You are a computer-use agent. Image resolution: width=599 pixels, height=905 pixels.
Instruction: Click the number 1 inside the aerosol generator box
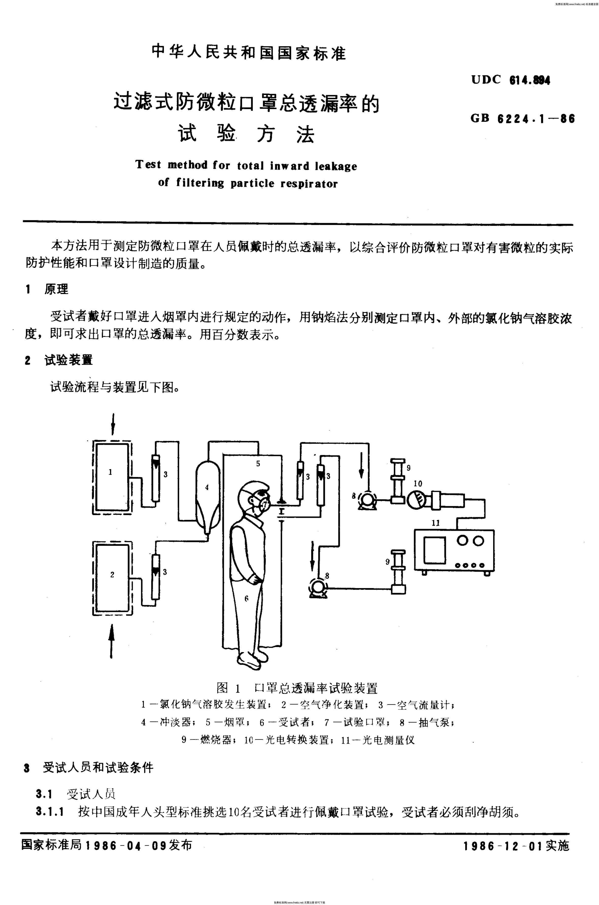click(x=110, y=472)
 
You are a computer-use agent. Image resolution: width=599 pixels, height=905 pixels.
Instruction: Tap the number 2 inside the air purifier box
click(x=112, y=574)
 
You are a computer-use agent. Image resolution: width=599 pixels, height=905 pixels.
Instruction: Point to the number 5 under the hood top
click(x=258, y=464)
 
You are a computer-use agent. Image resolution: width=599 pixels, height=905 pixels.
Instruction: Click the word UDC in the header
click(x=486, y=79)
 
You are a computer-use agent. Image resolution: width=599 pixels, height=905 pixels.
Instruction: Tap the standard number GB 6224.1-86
click(x=523, y=118)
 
